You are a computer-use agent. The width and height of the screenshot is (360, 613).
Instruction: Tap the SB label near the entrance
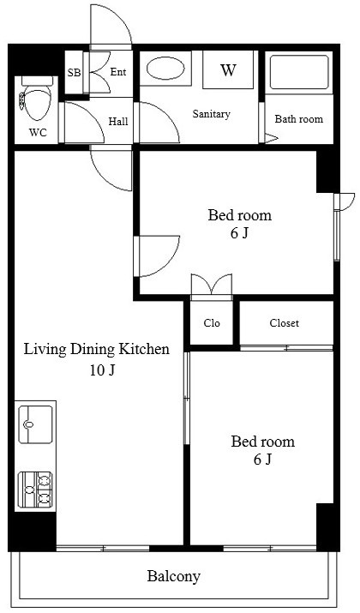[74, 73]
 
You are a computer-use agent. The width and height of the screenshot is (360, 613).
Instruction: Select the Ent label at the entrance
[118, 72]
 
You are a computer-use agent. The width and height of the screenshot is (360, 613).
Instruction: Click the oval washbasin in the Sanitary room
[165, 69]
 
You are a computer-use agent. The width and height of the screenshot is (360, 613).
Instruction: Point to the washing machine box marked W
[228, 69]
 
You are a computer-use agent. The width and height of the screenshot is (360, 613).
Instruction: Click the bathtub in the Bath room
[299, 72]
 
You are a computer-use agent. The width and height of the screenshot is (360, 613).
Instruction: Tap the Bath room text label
[299, 119]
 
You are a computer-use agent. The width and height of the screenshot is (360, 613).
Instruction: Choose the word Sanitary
[211, 114]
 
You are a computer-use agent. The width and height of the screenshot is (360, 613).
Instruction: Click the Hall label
[118, 122]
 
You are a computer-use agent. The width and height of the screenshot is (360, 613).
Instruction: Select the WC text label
[38, 133]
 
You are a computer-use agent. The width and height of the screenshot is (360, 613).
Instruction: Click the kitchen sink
[35, 424]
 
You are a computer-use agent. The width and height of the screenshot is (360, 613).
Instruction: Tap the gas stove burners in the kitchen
[35, 490]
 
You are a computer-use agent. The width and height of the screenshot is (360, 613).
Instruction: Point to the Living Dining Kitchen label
[97, 349]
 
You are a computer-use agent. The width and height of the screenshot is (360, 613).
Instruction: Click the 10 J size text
[102, 370]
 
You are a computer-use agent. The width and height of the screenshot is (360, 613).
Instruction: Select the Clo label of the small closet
[212, 323]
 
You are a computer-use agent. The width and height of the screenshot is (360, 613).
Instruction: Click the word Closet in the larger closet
[285, 323]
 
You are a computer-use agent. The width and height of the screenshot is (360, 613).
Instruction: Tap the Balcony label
[173, 576]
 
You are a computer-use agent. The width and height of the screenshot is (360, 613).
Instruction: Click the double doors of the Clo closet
[212, 285]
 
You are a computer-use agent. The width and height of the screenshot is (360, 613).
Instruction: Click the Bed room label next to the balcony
[262, 442]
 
